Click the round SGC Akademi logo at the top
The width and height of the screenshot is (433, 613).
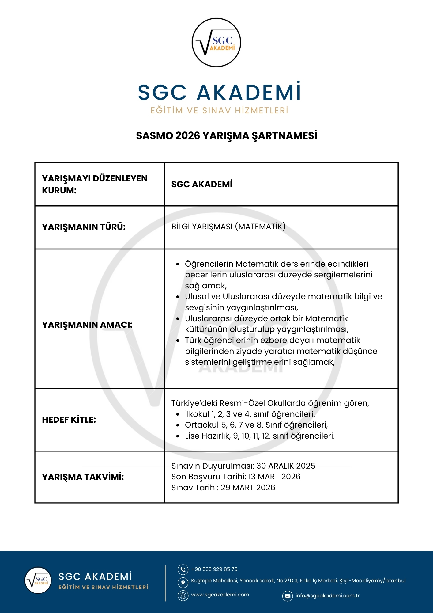coord(216,42)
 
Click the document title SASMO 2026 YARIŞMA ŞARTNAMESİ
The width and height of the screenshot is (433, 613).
coord(226,135)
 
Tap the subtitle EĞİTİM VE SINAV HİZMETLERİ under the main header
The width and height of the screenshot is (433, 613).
coord(219,110)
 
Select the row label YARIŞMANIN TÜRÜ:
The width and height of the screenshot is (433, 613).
coord(84,227)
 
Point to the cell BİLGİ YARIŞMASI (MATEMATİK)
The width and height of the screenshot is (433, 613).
coord(228,227)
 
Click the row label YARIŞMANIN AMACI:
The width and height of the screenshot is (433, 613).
coord(87,325)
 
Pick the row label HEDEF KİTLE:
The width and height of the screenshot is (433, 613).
coord(69,420)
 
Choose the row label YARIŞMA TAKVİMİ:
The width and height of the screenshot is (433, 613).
coord(83,477)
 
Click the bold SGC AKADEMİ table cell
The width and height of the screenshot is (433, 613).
coord(201,184)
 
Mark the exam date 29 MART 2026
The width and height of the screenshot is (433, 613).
coord(248,488)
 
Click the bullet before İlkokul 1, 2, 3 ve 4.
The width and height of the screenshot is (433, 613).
coord(178,414)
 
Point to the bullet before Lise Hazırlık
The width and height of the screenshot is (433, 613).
coord(178,436)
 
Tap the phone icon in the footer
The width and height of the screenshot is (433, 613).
coord(183,569)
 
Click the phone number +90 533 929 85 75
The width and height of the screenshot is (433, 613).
coord(214,569)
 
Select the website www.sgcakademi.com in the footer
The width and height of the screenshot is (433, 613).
coord(220,595)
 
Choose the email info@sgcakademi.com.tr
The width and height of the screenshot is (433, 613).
coord(327,596)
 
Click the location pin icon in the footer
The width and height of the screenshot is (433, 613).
coord(183,582)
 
